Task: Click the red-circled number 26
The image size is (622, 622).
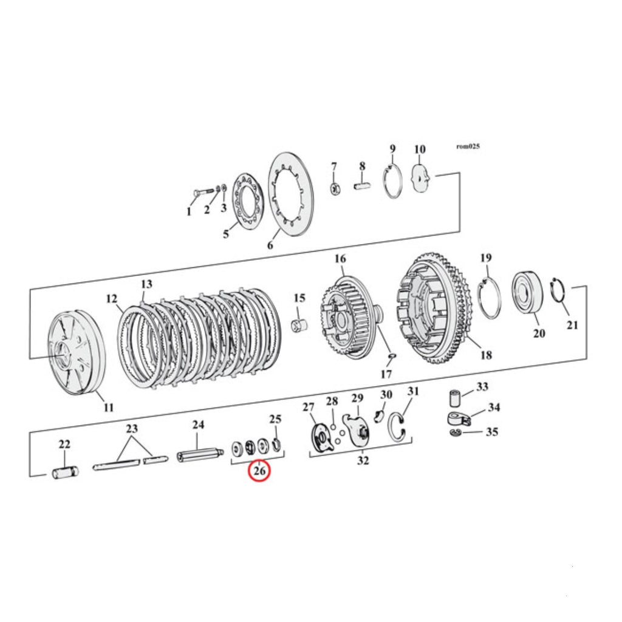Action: [x=259, y=471]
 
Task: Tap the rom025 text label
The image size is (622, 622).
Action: [x=468, y=146]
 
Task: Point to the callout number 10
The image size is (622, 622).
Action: [x=420, y=149]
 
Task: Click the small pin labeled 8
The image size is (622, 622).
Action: [x=362, y=185]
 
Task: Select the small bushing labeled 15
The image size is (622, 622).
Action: [x=300, y=326]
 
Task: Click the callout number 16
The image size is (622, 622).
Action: [x=340, y=259]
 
